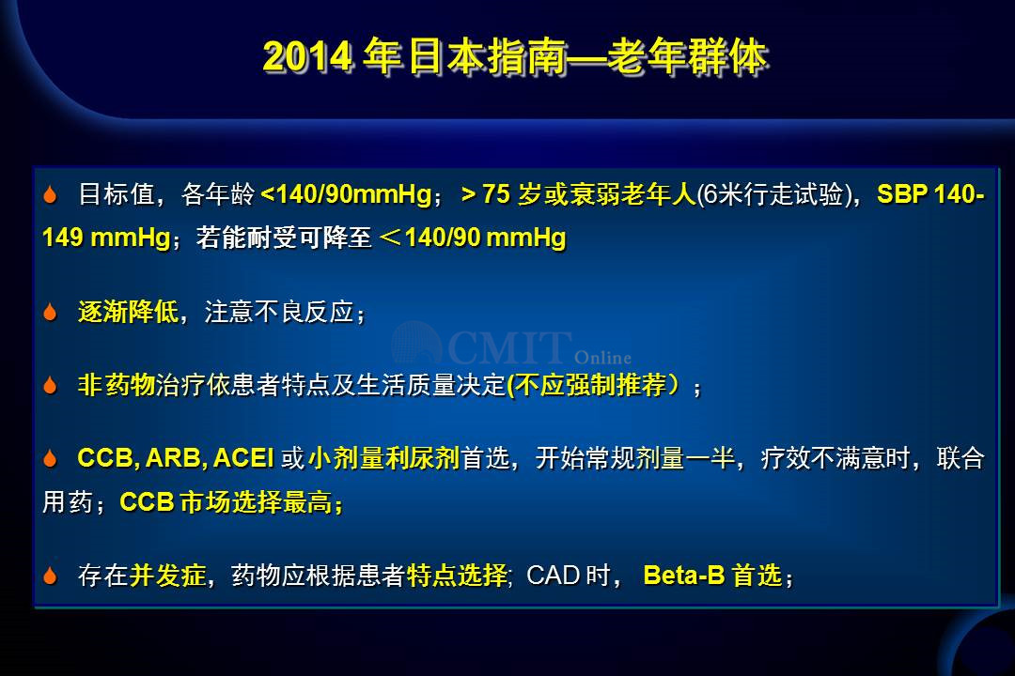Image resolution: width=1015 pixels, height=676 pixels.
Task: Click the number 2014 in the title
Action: [306, 56]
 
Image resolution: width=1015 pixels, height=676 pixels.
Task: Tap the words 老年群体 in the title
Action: [686, 56]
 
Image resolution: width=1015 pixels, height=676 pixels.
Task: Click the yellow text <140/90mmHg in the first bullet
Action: [346, 194]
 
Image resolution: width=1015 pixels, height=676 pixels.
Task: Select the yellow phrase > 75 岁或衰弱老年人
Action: [578, 194]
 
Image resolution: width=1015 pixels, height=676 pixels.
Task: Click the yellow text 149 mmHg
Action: [106, 238]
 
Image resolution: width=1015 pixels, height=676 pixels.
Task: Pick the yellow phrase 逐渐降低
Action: [128, 312]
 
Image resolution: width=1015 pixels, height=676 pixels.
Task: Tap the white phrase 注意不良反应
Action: [279, 312]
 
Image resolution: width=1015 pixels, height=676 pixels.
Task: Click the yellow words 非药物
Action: [116, 385]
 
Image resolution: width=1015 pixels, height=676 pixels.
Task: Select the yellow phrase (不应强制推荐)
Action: [594, 385]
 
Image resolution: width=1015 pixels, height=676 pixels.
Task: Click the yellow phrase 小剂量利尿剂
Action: [383, 458]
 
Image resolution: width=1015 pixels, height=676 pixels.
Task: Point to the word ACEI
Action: [243, 458]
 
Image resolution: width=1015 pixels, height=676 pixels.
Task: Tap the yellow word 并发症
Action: [167, 576]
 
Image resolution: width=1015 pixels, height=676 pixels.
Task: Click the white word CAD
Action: [553, 576]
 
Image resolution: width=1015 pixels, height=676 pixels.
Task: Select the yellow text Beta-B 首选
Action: [712, 576]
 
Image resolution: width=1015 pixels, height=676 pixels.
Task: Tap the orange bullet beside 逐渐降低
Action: [50, 312]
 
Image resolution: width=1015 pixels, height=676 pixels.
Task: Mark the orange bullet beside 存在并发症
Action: [50, 576]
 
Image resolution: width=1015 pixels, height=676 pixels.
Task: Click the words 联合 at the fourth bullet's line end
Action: [960, 458]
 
